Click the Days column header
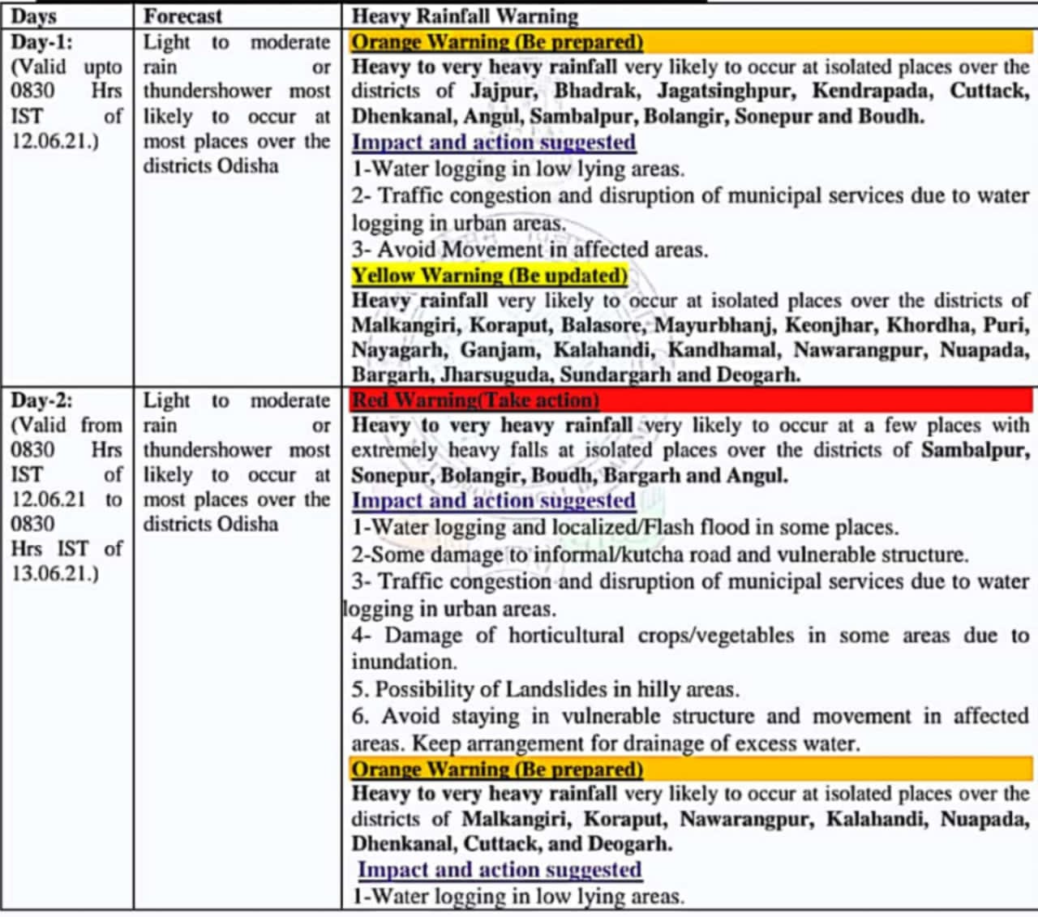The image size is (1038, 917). coord(33,15)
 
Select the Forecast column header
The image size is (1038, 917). coord(182,15)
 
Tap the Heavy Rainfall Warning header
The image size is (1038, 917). coord(465,15)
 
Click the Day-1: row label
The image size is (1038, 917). coord(41,41)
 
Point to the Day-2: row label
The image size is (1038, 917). coord(41,400)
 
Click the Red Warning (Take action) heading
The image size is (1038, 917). coord(475,400)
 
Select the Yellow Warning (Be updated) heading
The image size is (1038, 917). coord(489,276)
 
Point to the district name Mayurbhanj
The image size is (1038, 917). coord(714,325)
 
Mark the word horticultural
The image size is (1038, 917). coord(566,635)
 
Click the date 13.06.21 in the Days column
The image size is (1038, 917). coord(54,573)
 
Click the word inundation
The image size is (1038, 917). coord(404,662)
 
